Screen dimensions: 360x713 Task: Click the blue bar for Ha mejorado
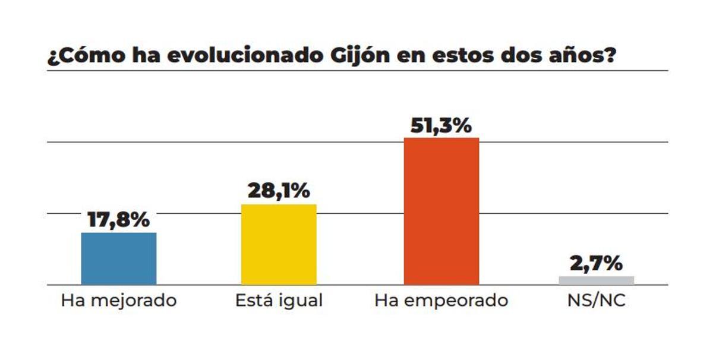pyautogui.click(x=119, y=258)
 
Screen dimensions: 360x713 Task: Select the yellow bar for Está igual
pyautogui.click(x=279, y=244)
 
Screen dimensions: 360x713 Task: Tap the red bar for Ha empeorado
pyautogui.click(x=441, y=211)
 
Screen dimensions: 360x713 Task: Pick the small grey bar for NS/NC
pyautogui.click(x=597, y=280)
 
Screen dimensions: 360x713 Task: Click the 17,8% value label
pyautogui.click(x=119, y=220)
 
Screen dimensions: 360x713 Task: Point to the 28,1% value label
pyautogui.click(x=279, y=191)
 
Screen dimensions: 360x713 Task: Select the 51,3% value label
pyautogui.click(x=441, y=125)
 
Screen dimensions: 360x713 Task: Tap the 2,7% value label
pyautogui.click(x=597, y=263)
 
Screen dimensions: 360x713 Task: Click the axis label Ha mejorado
pyautogui.click(x=119, y=301)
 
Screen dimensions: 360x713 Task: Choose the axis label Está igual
pyautogui.click(x=279, y=301)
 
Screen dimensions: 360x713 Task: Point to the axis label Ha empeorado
pyautogui.click(x=441, y=301)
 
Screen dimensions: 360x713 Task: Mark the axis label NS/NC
pyautogui.click(x=597, y=301)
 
